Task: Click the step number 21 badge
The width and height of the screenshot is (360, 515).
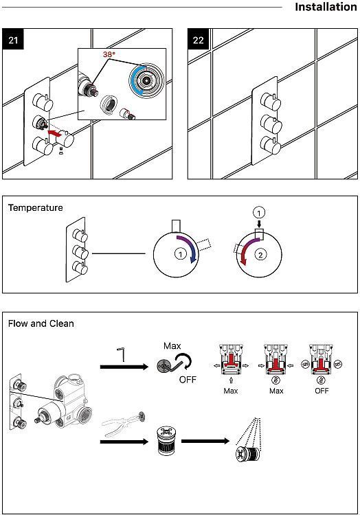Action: point(13,39)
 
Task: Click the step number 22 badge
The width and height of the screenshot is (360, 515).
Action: point(199,39)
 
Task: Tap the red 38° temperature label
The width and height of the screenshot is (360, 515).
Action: point(109,54)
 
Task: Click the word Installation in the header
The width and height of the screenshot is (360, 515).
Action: point(326,7)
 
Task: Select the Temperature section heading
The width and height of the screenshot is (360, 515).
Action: point(36,207)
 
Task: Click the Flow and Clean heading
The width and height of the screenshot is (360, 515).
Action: point(41,323)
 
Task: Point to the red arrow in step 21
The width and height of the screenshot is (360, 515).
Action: point(55,133)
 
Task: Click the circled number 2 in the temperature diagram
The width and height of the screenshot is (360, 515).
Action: point(261,255)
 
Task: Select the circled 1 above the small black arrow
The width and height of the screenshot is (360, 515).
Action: point(259,213)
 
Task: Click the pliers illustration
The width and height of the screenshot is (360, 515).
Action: point(124,424)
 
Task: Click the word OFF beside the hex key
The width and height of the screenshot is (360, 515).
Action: point(188,380)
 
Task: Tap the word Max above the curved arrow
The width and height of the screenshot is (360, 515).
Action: point(172,346)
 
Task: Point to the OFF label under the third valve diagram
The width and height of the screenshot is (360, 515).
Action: point(322,391)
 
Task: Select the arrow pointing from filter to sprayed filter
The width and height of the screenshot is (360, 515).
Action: point(205,441)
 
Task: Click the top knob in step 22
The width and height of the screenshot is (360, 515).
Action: point(271,101)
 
